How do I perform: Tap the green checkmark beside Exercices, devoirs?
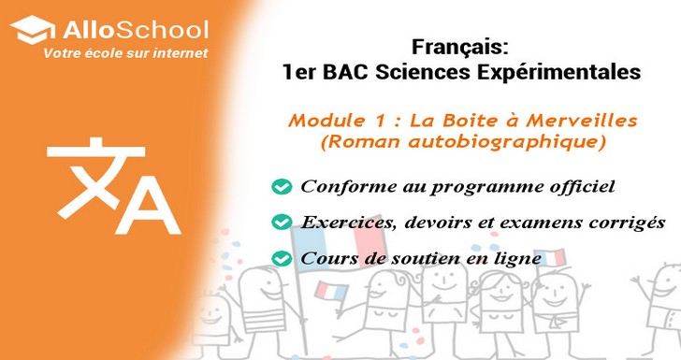[x=280, y=223]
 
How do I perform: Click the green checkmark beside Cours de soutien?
[x=280, y=257]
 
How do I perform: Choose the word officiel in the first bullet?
[x=583, y=187]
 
